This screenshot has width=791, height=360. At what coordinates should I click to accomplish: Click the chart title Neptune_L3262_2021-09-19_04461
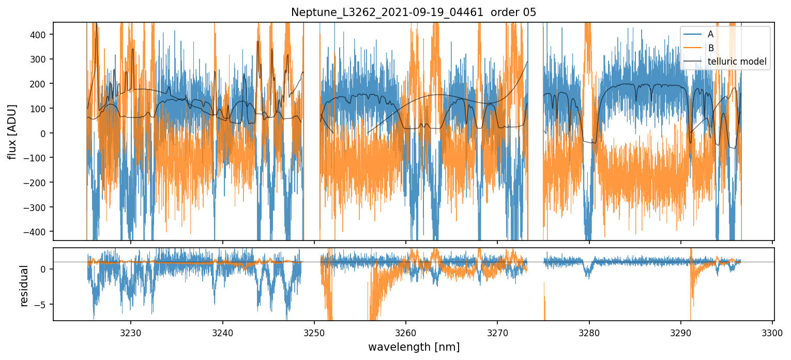[414, 12]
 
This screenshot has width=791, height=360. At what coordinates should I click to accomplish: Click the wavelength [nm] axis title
[414, 347]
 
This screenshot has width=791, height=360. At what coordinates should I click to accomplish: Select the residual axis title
[24, 286]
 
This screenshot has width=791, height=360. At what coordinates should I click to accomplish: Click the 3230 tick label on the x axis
[131, 332]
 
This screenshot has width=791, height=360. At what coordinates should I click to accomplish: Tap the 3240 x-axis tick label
[223, 332]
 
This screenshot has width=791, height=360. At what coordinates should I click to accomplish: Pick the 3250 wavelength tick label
[314, 332]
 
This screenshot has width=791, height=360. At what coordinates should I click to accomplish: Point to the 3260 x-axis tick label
[406, 332]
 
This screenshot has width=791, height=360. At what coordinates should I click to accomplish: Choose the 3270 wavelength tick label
[497, 332]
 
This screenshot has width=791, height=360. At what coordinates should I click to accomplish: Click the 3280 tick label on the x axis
[589, 332]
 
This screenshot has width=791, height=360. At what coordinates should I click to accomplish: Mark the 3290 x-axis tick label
[681, 332]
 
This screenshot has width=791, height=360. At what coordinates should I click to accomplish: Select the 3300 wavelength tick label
[772, 332]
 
